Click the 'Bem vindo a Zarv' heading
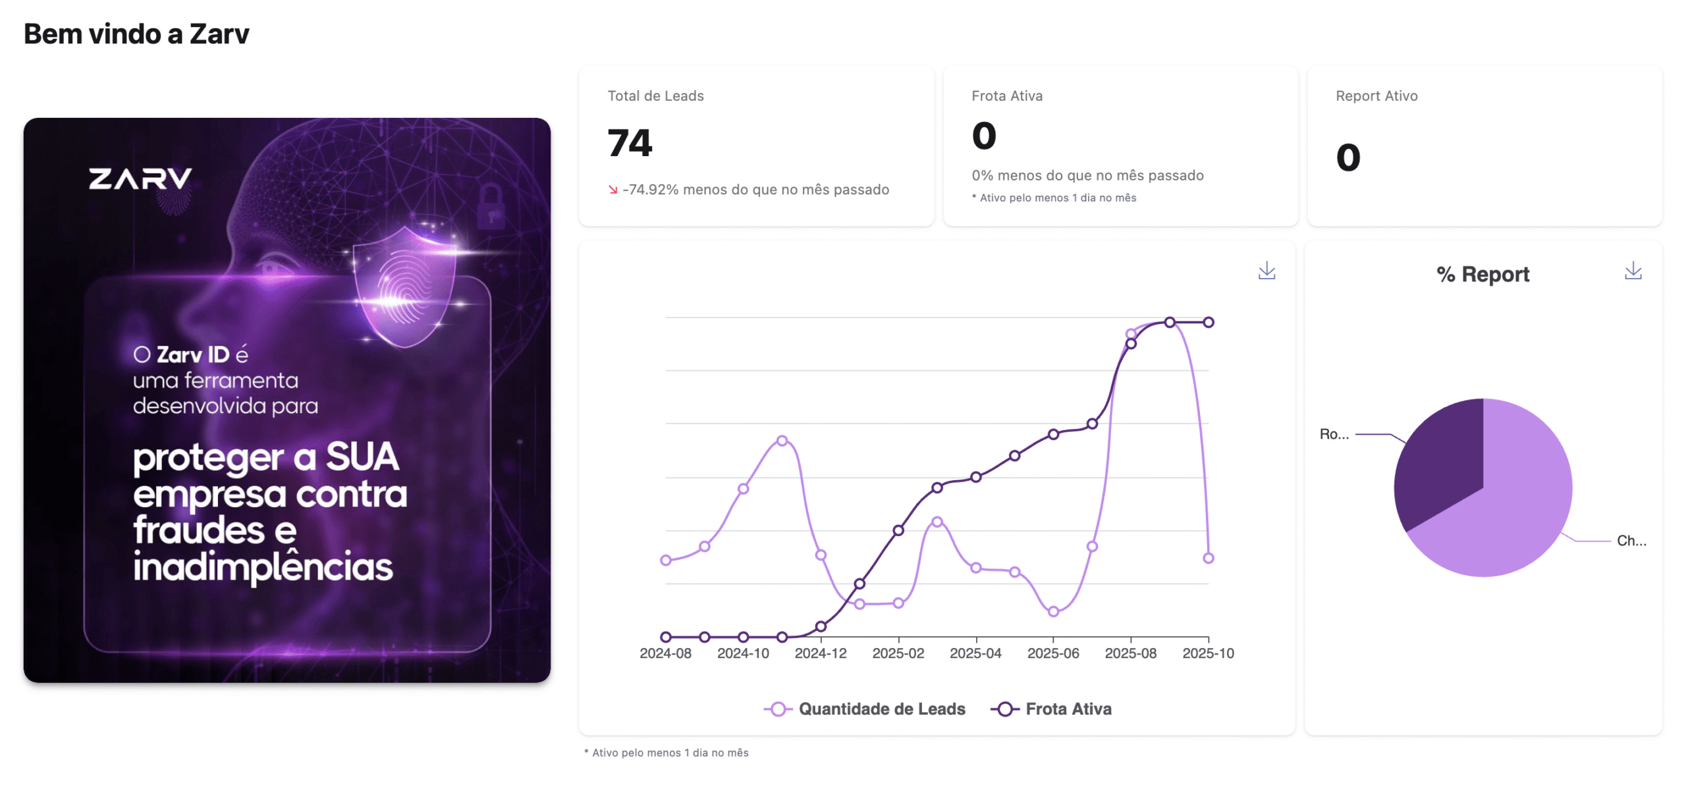tap(136, 34)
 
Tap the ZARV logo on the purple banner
tap(140, 179)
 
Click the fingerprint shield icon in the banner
tap(404, 287)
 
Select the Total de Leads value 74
tap(630, 143)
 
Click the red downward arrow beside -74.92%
tap(613, 190)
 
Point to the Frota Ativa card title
tap(1007, 96)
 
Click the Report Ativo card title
tap(1376, 96)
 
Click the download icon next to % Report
tap(1633, 271)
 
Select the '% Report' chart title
tap(1482, 274)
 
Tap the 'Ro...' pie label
tap(1334, 434)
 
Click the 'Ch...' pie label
tap(1631, 541)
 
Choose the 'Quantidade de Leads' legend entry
tap(865, 709)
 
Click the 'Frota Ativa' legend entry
tap(1052, 709)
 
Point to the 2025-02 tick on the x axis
tap(898, 653)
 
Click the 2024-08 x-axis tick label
tap(665, 653)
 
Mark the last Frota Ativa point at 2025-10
tap(1209, 322)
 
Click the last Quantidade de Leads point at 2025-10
tap(1209, 558)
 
